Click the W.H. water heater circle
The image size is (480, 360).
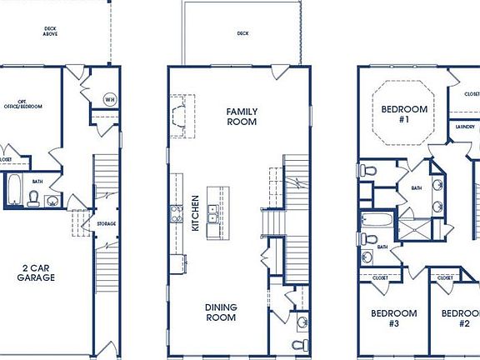109,99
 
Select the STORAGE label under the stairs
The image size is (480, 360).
106,223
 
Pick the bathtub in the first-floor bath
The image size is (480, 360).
15,189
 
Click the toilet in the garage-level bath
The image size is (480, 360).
34,197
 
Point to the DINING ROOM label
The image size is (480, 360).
222,312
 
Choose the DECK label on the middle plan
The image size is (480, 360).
242,34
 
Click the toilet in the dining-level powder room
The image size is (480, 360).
299,343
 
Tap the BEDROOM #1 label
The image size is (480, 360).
404,114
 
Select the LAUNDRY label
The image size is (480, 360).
465,127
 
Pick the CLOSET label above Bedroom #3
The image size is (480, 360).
380,277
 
